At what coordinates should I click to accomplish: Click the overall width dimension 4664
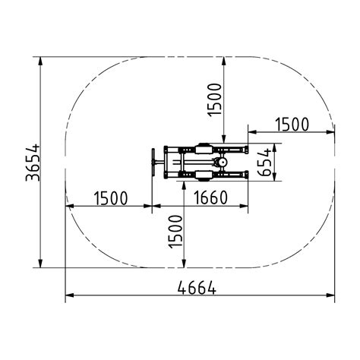(197, 288)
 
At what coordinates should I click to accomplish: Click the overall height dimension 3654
(33, 163)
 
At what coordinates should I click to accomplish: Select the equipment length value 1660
(210, 197)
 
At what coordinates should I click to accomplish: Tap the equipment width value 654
(264, 162)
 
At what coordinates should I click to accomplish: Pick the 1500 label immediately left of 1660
(111, 198)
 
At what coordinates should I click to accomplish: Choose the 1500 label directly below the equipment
(175, 232)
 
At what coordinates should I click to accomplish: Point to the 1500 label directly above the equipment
(214, 99)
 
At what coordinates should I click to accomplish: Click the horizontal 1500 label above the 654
(292, 125)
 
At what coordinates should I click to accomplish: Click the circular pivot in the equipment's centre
(223, 162)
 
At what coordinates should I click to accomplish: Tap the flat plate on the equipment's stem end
(153, 162)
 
